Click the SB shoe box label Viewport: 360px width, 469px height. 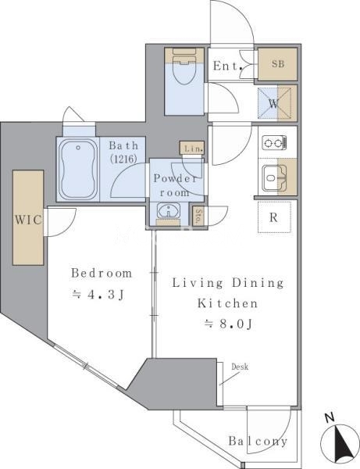pos(277,64)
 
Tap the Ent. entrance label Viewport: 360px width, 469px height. pos(228,66)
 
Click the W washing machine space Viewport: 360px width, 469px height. pos(274,103)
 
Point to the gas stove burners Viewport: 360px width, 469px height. pos(274,143)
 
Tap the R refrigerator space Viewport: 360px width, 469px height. pos(274,217)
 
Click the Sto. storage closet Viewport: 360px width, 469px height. pos(198,216)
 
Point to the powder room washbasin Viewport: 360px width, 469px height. pos(169,211)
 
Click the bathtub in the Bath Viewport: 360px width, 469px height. pos(78,170)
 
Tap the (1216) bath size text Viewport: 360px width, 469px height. pos(123,159)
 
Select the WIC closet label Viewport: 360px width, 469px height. pos(28,220)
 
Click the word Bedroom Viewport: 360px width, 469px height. pos(102,274)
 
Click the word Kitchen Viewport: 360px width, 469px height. pos(228,303)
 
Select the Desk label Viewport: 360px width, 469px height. pos(240,367)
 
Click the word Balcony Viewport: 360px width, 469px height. pos(258,442)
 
